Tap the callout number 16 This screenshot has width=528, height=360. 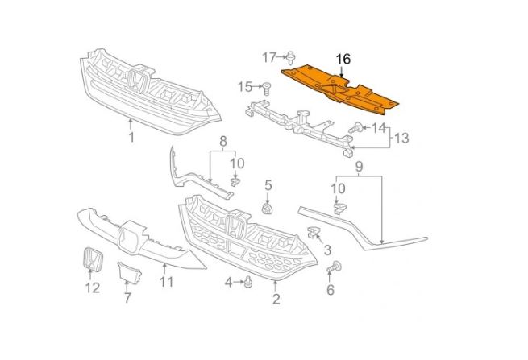pos(343,59)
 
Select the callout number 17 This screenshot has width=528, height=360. pos(269,56)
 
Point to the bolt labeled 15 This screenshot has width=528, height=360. pos(265,86)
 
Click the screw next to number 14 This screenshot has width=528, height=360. pos(355,127)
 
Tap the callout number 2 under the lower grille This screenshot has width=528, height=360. pos(276,300)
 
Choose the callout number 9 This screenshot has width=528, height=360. pos(360,169)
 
